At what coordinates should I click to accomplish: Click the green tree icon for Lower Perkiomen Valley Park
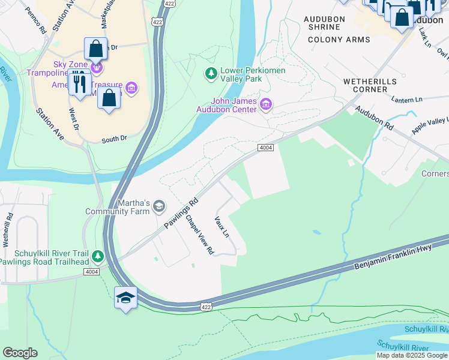tap(211, 74)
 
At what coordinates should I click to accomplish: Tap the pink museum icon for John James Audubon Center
tap(266, 105)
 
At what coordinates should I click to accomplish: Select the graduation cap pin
tap(125, 298)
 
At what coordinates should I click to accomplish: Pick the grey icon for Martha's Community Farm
tap(159, 206)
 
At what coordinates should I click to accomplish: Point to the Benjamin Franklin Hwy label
tap(393, 256)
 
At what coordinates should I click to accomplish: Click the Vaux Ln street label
tap(222, 226)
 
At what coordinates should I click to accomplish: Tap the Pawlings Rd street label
tap(181, 214)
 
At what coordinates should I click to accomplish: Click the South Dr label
tap(114, 139)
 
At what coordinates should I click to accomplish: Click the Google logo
tap(20, 352)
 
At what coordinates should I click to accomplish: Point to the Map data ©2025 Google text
tap(412, 355)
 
